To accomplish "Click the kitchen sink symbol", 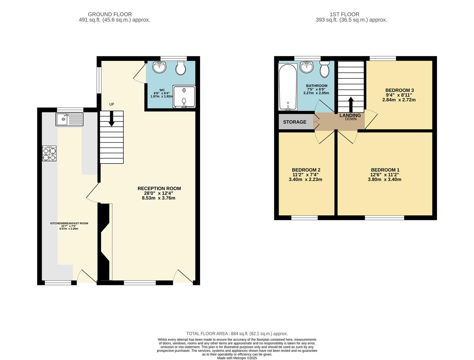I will click(69, 119).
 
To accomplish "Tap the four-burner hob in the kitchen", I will click(49, 154).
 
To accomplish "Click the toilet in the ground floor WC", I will click(181, 68).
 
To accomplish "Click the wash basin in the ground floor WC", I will click(159, 68).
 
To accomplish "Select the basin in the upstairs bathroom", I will click(307, 67).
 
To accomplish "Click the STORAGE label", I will click(295, 122).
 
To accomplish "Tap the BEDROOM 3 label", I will click(399, 90).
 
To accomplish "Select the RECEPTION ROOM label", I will click(159, 188).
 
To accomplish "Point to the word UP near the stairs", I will click(112, 104).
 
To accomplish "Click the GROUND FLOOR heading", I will click(110, 14).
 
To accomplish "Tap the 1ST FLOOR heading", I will click(344, 14).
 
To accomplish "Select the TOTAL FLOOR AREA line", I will click(237, 333).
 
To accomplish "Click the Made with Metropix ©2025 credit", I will click(237, 358).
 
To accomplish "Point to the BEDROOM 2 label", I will click(306, 170).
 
